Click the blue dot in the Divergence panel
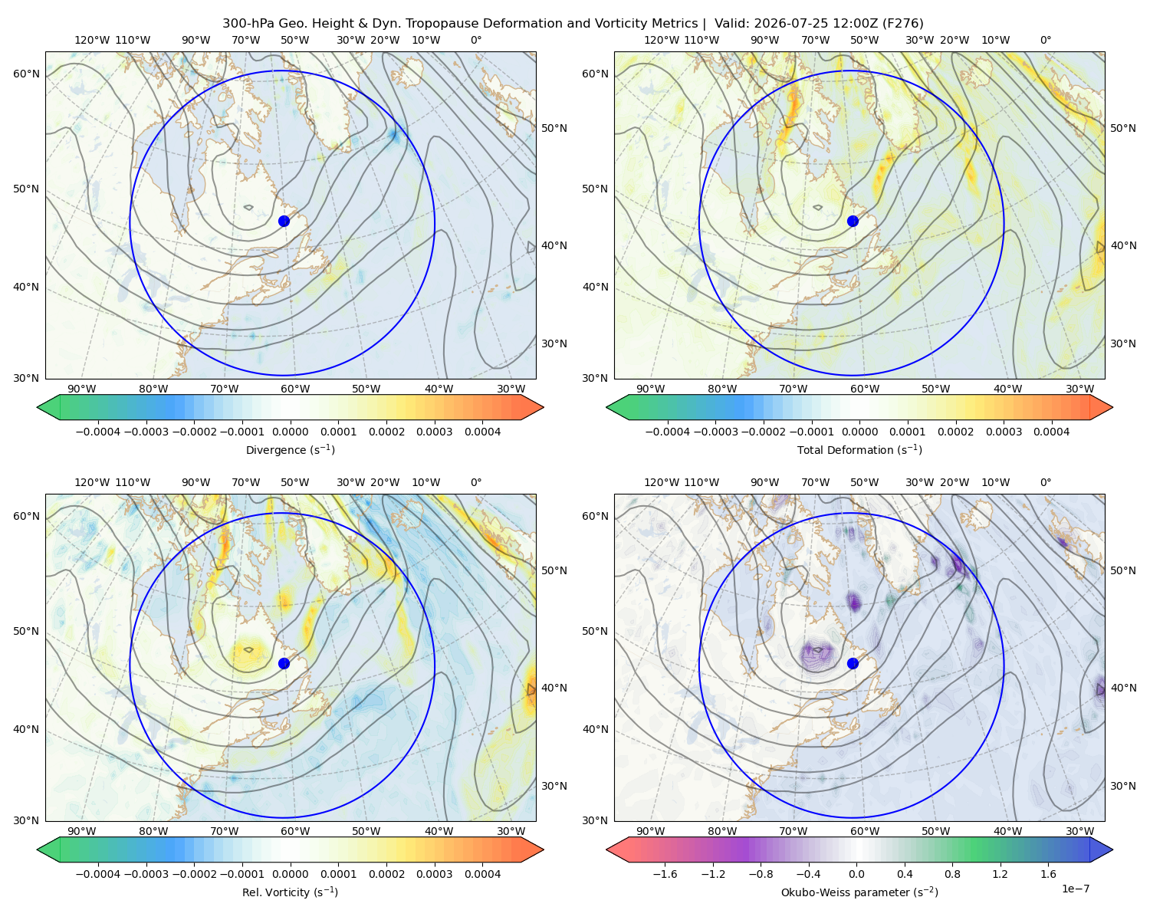coord(284,221)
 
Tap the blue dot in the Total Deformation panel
coord(853,221)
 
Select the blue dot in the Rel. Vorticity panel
coord(284,663)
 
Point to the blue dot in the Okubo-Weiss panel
coord(853,663)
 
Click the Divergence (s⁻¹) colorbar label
coord(290,449)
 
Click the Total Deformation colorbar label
coord(859,449)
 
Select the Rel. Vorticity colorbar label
coord(290,892)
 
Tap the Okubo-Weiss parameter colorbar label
coord(859,892)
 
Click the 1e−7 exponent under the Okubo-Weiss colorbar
coord(1075,889)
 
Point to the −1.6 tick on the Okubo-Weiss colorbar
coord(665,874)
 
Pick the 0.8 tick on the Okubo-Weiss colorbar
coord(952,874)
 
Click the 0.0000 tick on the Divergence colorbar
coord(290,432)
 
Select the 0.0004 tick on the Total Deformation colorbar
coord(1052,432)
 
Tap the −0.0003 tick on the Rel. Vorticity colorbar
coord(146,874)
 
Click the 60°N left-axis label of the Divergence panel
coord(26,74)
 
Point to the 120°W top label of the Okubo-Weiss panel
coord(662,482)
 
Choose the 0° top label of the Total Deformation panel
coord(1045,40)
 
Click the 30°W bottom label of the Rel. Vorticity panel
coord(511,831)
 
